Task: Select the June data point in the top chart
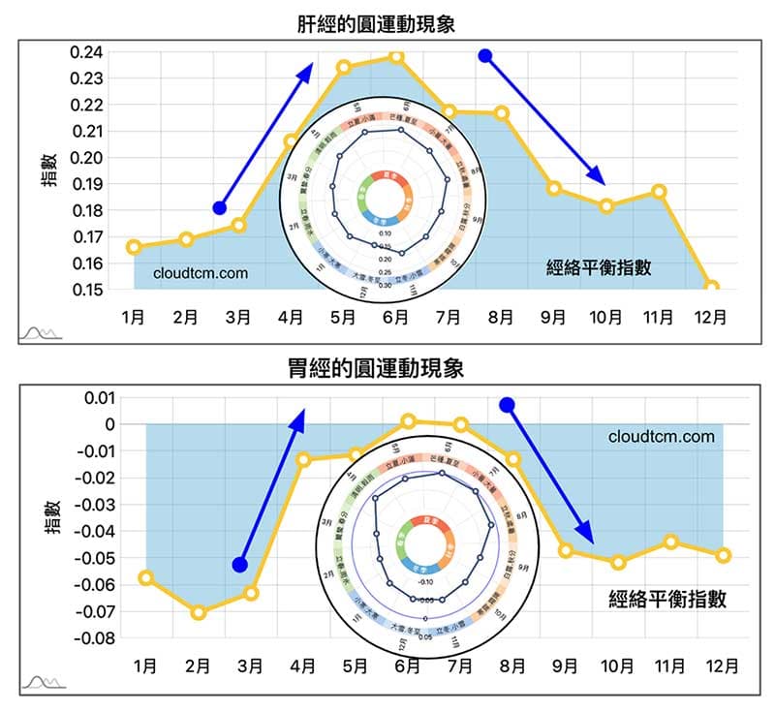pyautogui.click(x=396, y=57)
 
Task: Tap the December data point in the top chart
pyautogui.click(x=712, y=288)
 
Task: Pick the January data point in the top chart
pyautogui.click(x=134, y=247)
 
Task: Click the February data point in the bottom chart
pyautogui.click(x=199, y=612)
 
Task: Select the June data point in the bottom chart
pyautogui.click(x=408, y=421)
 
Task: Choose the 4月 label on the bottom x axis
pyautogui.click(x=303, y=666)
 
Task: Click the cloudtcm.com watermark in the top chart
pyautogui.click(x=201, y=273)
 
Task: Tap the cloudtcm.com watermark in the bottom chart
pyautogui.click(x=662, y=436)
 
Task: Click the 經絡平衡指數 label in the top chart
pyautogui.click(x=598, y=269)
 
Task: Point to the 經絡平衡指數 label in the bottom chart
pyautogui.click(x=667, y=600)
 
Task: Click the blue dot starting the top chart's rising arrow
pyautogui.click(x=220, y=208)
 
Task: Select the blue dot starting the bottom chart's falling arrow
pyautogui.click(x=507, y=404)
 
